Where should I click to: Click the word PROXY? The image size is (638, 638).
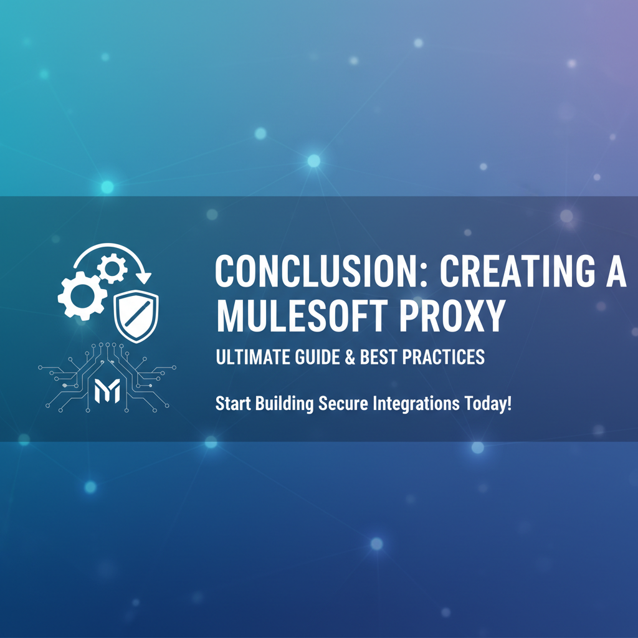(451, 316)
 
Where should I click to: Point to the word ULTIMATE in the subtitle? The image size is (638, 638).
(253, 357)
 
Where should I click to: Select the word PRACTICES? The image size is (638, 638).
(443, 357)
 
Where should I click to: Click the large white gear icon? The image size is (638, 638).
(82, 296)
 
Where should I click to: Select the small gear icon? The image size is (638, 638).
(112, 269)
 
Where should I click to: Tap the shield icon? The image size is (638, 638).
(136, 316)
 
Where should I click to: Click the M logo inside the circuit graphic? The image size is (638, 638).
(107, 391)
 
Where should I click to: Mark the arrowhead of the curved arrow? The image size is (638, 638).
(143, 277)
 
